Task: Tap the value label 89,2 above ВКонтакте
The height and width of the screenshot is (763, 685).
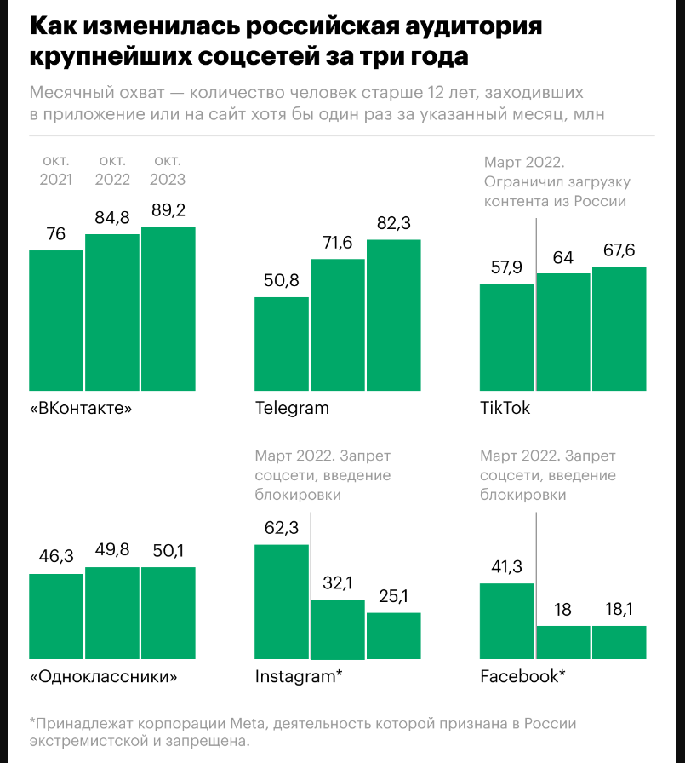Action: (x=168, y=210)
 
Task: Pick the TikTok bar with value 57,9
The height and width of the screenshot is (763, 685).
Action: (x=506, y=338)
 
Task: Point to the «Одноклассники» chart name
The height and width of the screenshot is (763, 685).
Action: (x=104, y=677)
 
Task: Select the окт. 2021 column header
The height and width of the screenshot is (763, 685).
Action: (x=56, y=169)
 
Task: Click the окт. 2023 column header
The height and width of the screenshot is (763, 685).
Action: (x=168, y=169)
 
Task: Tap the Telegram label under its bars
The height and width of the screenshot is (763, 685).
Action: (x=292, y=408)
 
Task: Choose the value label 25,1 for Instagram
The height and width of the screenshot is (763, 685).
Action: (x=393, y=596)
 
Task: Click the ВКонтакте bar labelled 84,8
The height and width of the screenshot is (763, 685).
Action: (x=112, y=313)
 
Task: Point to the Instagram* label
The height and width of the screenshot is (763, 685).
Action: (x=299, y=677)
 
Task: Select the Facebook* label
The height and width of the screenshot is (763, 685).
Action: (x=522, y=677)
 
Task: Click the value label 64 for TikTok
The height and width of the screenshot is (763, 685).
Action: (x=562, y=257)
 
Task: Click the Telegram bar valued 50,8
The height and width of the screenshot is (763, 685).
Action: (x=282, y=345)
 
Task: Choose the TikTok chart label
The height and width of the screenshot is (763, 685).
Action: (x=505, y=408)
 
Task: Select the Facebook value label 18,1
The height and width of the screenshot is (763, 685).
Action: (x=619, y=609)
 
